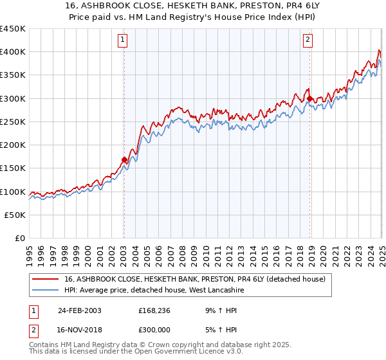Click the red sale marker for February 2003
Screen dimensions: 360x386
124,159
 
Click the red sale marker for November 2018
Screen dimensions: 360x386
309,98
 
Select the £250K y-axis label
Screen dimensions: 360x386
13,122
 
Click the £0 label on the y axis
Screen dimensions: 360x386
21,238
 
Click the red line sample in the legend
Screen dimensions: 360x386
45,279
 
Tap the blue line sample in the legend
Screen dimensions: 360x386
45,290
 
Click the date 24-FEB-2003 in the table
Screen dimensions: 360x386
80,310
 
